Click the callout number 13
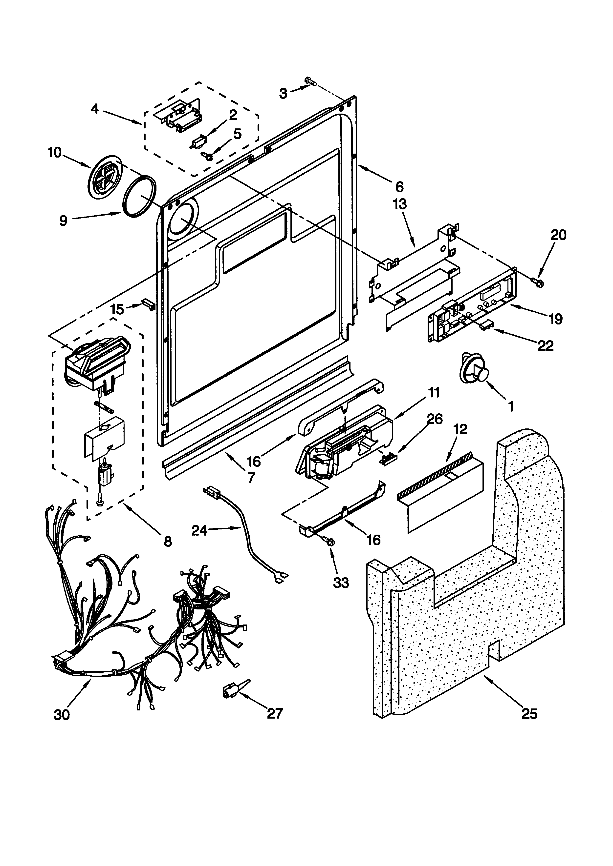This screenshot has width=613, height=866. coord(400,204)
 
